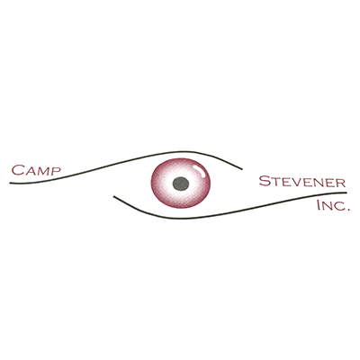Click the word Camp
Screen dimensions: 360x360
(x=36, y=170)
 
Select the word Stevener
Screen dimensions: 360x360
(x=302, y=182)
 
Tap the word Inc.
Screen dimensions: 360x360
(x=334, y=205)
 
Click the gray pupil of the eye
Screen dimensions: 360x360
(x=181, y=184)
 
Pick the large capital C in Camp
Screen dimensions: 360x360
(x=18, y=170)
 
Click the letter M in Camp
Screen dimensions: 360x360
(x=42, y=171)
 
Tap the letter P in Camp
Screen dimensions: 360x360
(x=56, y=171)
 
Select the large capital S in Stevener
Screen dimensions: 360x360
(x=264, y=182)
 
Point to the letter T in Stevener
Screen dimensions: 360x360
(x=274, y=183)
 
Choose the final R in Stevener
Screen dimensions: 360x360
(x=341, y=183)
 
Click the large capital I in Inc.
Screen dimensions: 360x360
(x=319, y=205)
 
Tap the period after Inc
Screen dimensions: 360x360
(x=348, y=210)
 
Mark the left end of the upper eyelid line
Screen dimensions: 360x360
(x=10, y=183)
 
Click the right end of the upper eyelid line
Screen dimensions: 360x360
(x=241, y=169)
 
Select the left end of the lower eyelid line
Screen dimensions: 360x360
(x=113, y=197)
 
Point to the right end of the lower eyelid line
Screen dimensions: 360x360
(x=346, y=193)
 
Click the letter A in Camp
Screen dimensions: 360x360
(x=30, y=171)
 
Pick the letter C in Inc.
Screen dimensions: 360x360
(x=339, y=207)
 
